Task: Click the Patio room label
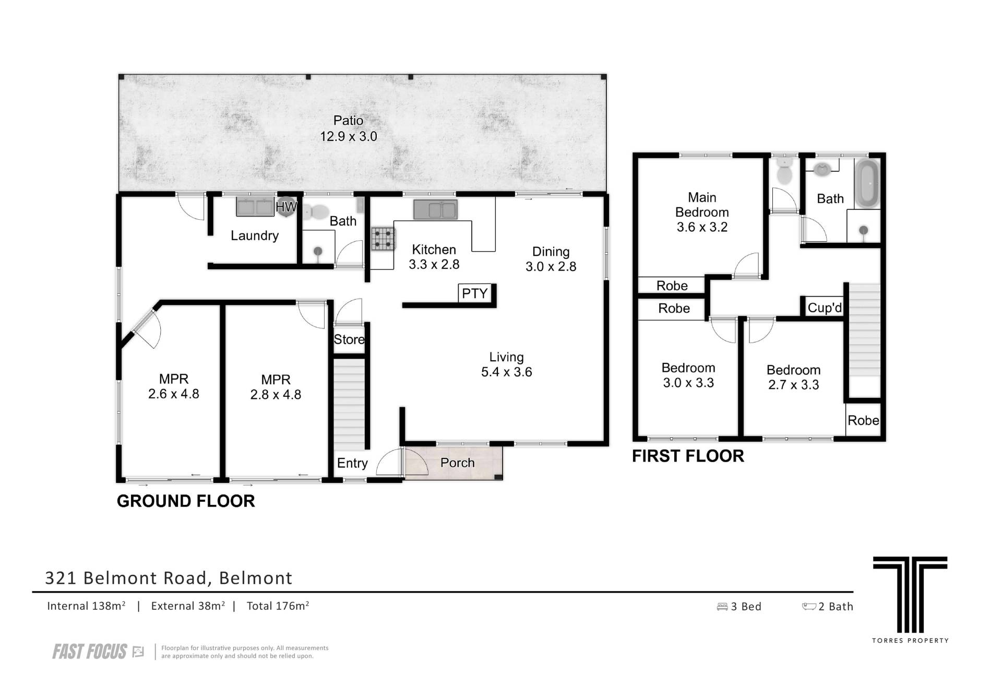[348, 121]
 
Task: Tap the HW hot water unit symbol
[286, 207]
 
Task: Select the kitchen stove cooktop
[383, 239]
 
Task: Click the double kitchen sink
[435, 209]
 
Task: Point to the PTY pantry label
[474, 293]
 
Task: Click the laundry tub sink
[255, 206]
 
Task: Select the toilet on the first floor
[784, 171]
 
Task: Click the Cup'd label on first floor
[825, 308]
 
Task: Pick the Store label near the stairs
[349, 339]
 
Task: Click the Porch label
[458, 463]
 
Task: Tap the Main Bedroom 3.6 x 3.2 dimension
[702, 227]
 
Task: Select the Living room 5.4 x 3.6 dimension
[507, 372]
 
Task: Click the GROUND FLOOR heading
[186, 501]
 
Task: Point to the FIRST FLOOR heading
[688, 456]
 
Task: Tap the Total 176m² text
[278, 606]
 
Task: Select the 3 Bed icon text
[739, 607]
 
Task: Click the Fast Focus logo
[98, 652]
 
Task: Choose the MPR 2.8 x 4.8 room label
[276, 387]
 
